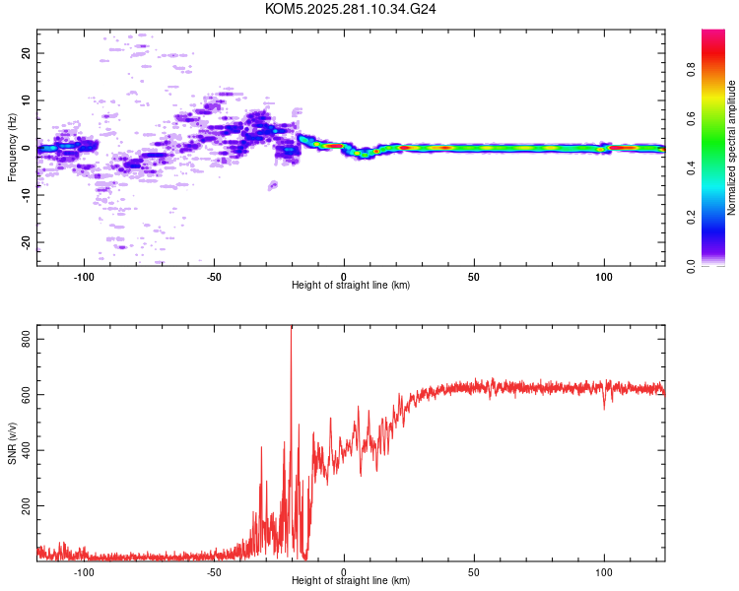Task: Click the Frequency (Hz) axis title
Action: pyautogui.click(x=12, y=148)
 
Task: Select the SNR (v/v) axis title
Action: pyautogui.click(x=12, y=444)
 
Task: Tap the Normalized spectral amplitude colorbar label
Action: pyautogui.click(x=732, y=148)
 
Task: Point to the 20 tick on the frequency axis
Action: pyautogui.click(x=27, y=53)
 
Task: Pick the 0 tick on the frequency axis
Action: pyautogui.click(x=27, y=148)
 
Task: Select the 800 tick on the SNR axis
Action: pyautogui.click(x=27, y=339)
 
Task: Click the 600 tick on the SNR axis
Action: pyautogui.click(x=27, y=395)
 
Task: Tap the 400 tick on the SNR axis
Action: pyautogui.click(x=27, y=450)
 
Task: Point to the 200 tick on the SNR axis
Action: pyautogui.click(x=27, y=506)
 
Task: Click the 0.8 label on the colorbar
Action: pyautogui.click(x=691, y=71)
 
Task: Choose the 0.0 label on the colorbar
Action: pyautogui.click(x=691, y=265)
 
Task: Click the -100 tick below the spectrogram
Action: pyautogui.click(x=84, y=275)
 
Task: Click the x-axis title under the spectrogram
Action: pyautogui.click(x=351, y=286)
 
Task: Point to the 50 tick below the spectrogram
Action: pyautogui.click(x=474, y=275)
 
